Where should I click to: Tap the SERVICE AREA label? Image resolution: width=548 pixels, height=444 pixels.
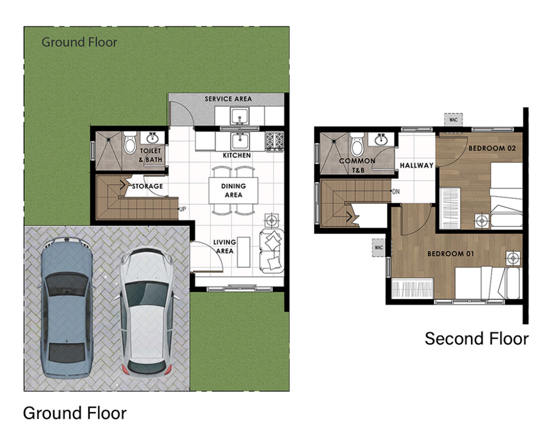pos(228,99)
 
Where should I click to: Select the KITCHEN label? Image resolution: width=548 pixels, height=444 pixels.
pos(237,155)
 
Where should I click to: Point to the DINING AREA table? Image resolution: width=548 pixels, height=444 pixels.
pos(233,190)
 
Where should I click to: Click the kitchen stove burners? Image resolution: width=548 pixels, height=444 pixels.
pos(275,141)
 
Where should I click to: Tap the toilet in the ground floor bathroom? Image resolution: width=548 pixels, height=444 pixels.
pos(130,142)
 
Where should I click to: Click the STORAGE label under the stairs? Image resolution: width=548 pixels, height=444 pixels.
pos(147,186)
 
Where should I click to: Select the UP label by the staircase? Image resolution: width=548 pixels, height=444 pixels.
pos(182,209)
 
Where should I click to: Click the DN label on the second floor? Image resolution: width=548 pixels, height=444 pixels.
pos(395,192)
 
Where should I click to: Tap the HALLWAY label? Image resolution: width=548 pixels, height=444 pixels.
pos(416,165)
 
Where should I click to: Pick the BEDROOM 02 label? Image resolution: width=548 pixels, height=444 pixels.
pos(492,148)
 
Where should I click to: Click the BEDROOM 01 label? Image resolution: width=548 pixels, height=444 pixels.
pos(451,254)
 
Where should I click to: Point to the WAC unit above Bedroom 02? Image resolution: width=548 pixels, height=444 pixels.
pos(453,120)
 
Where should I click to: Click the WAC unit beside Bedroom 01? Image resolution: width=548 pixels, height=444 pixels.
pos(378,248)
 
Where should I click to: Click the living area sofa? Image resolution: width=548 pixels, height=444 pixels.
pos(271,251)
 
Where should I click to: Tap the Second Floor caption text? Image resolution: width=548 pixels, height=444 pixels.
pos(476,339)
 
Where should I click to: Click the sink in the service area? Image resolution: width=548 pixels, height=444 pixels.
pos(239,115)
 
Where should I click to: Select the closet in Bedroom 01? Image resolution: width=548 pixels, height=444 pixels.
pos(413,288)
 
